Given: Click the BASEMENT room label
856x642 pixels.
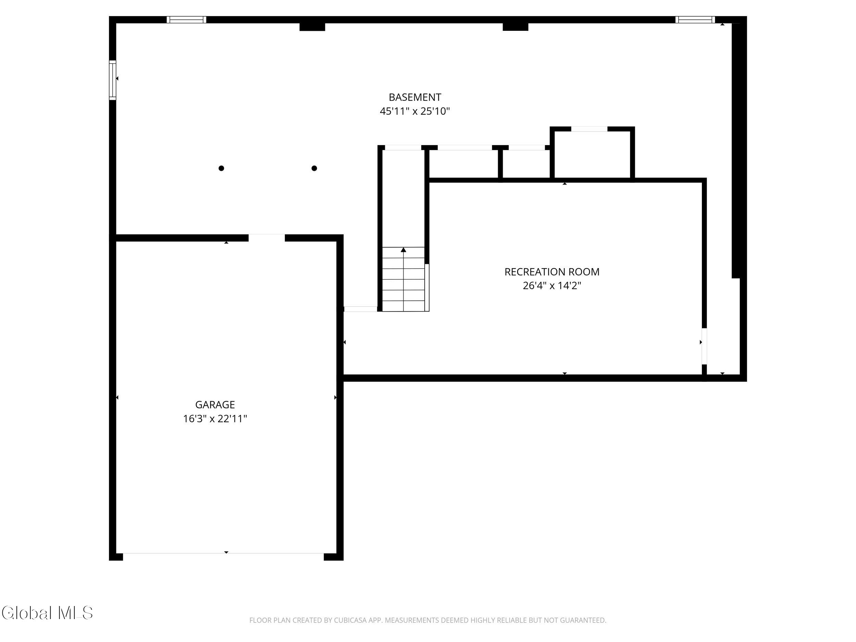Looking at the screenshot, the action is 415,97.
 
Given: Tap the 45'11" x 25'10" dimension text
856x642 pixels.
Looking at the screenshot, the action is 415,111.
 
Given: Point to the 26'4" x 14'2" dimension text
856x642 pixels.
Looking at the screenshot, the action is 552,286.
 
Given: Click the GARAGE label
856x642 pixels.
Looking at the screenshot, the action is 215,405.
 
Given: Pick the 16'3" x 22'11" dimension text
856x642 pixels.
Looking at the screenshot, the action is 215,419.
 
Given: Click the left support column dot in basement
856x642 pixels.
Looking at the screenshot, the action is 221,168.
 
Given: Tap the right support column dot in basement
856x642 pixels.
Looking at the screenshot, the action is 314,168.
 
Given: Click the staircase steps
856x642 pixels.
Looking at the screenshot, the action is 404,279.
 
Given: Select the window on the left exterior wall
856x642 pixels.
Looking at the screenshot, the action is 113,80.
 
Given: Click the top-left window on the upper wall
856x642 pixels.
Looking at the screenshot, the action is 187,20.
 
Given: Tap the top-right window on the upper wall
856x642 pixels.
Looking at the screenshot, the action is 695,20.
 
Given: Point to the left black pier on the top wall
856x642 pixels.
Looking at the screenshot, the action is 312,27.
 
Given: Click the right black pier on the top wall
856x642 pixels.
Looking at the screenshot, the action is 515,27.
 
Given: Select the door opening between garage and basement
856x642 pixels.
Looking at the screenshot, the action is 267,238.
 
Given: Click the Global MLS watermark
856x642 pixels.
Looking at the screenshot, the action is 47,613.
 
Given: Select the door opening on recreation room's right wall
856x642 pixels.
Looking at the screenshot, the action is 704,347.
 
